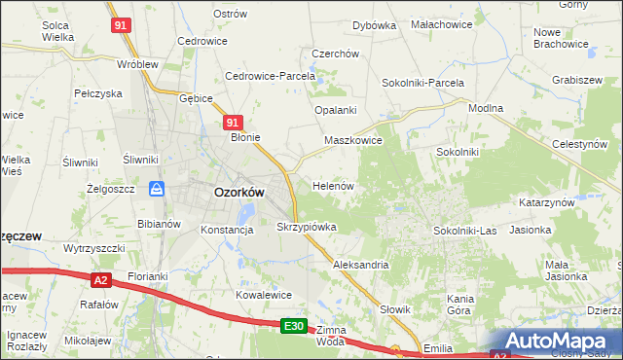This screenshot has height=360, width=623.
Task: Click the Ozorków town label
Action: pyautogui.click(x=238, y=193)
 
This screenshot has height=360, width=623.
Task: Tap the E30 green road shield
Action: pyautogui.click(x=296, y=327)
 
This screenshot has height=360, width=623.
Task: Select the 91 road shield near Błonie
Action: pyautogui.click(x=232, y=123)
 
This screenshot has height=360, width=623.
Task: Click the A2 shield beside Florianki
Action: pyautogui.click(x=101, y=280)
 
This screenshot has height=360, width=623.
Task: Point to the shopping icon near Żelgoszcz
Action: pyautogui.click(x=156, y=189)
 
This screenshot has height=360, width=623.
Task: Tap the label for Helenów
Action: pyautogui.click(x=332, y=185)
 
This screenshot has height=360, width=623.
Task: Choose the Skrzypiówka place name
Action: pyautogui.click(x=307, y=227)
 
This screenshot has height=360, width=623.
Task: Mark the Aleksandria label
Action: pyautogui.click(x=361, y=265)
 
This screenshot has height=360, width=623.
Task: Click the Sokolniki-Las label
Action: pyautogui.click(x=465, y=231)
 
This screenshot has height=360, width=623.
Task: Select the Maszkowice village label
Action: pyautogui.click(x=353, y=140)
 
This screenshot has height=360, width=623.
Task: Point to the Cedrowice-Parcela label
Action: pyautogui.click(x=271, y=76)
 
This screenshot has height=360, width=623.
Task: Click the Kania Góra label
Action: pyautogui.click(x=459, y=305)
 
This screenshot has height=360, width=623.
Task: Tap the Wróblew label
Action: pyautogui.click(x=137, y=64)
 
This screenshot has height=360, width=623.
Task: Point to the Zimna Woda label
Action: pyautogui.click(x=331, y=337)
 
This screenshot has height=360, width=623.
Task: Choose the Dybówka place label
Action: pyautogui.click(x=374, y=25)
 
